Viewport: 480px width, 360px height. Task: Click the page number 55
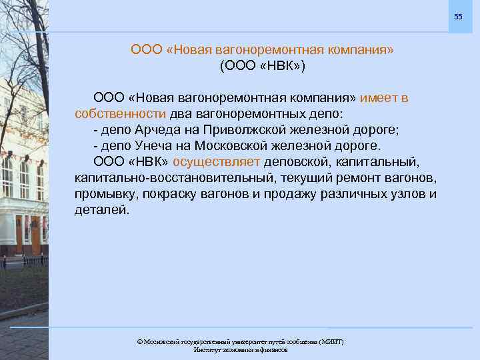click(457, 15)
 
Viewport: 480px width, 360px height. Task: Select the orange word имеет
click(379, 98)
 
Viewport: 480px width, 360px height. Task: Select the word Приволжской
click(243, 129)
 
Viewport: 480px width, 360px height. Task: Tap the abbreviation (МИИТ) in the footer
click(329, 342)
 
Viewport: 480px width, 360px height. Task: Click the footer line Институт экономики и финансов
click(240, 350)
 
